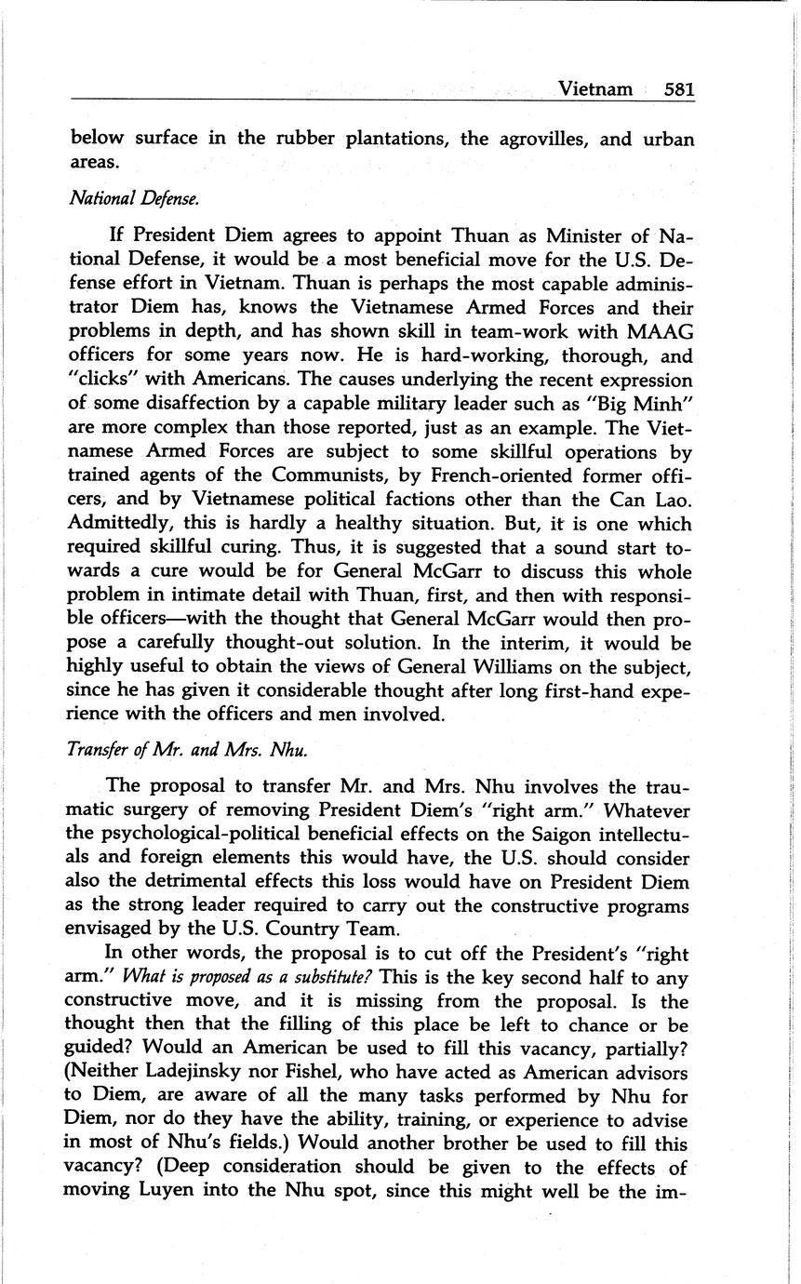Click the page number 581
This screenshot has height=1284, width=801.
[x=680, y=89]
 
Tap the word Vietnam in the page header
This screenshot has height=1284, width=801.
[x=594, y=89]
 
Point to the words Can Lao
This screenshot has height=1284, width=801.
[x=660, y=501]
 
